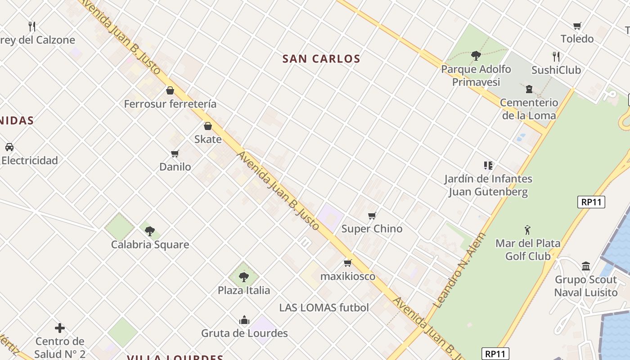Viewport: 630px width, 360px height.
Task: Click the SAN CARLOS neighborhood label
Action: tap(321, 59)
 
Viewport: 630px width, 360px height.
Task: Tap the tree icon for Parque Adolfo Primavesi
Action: tap(476, 56)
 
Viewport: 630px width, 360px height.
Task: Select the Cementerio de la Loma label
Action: tap(529, 109)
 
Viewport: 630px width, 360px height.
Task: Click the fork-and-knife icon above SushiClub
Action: tap(556, 57)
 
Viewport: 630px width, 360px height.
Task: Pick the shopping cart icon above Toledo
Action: tap(577, 26)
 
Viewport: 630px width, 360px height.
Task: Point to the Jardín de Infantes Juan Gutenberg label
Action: tap(488, 185)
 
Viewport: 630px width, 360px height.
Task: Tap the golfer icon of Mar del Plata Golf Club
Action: tap(527, 230)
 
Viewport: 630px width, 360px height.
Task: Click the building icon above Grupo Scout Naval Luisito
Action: tap(585, 266)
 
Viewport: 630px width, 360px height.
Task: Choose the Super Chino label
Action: tap(372, 229)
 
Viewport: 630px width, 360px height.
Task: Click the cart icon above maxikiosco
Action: tap(347, 263)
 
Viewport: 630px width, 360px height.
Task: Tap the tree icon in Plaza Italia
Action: tap(244, 277)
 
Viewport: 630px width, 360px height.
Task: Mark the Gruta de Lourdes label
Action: tap(244, 333)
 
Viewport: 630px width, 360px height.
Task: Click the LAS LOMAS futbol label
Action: tap(324, 308)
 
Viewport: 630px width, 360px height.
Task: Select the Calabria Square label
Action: tap(150, 245)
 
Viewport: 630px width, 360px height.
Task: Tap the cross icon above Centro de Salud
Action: tap(59, 328)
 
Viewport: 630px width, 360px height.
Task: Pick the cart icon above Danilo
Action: tap(175, 154)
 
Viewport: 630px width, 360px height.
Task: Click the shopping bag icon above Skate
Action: tap(208, 126)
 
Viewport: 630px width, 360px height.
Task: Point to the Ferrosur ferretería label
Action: tap(170, 104)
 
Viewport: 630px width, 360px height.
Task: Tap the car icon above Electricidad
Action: tap(9, 147)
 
